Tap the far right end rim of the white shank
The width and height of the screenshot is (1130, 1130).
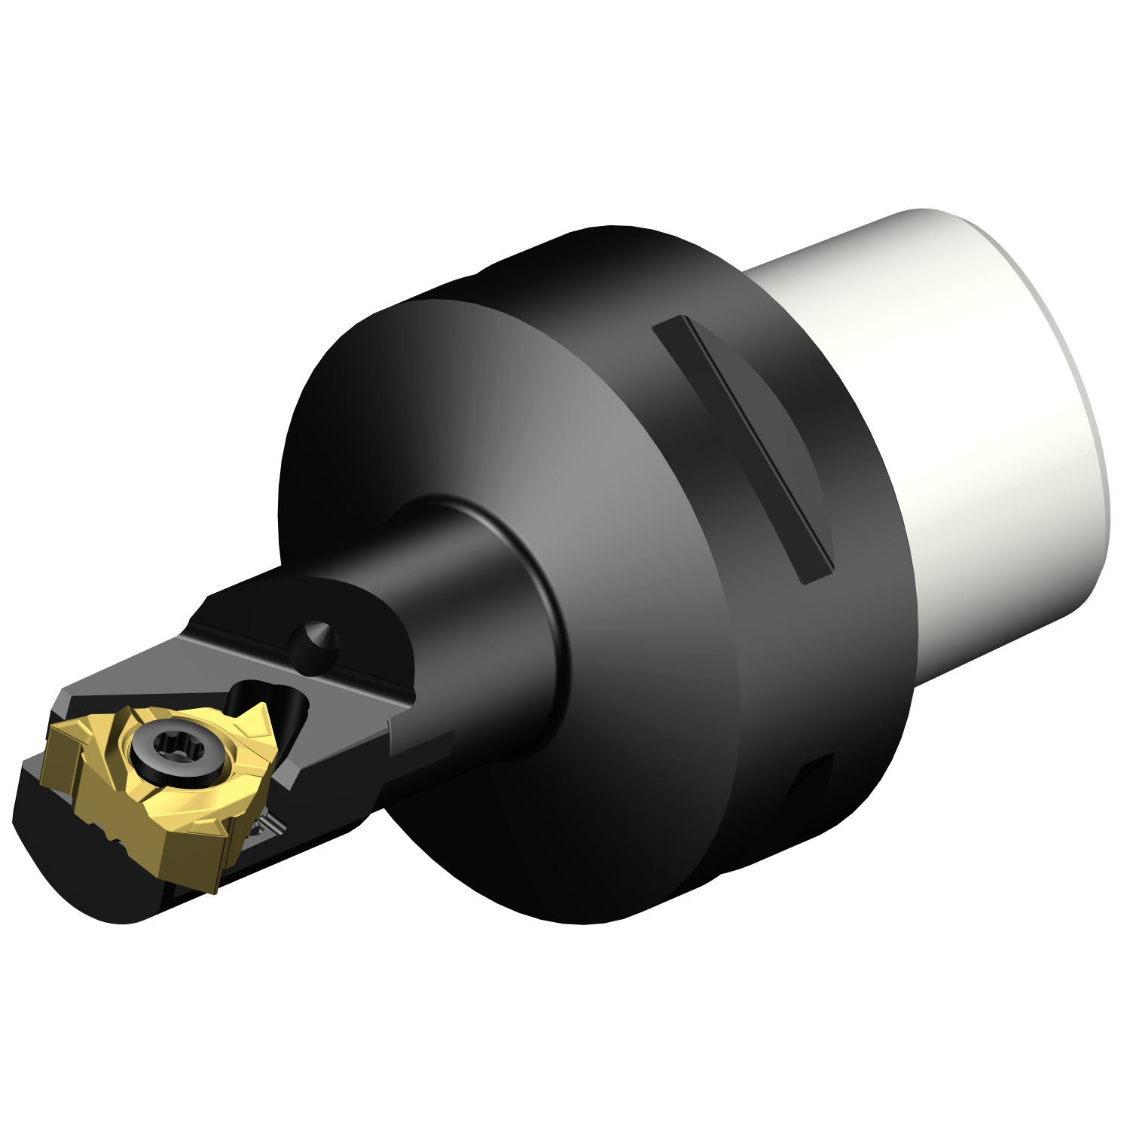pyautogui.click(x=1096, y=422)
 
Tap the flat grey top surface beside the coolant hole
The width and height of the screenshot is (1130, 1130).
pyautogui.click(x=249, y=648)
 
